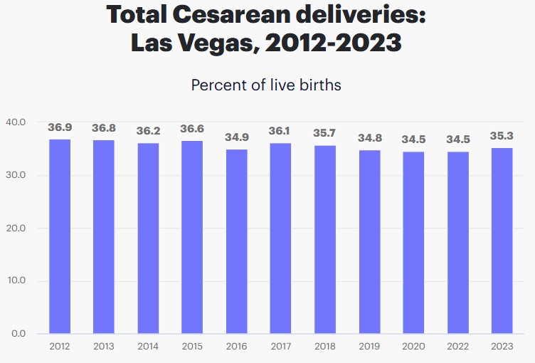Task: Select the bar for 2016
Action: click(x=237, y=241)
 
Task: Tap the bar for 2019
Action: click(x=369, y=241)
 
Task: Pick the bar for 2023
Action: click(x=502, y=241)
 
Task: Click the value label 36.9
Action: click(x=60, y=127)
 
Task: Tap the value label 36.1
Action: click(x=281, y=132)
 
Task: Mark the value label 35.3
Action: click(x=502, y=136)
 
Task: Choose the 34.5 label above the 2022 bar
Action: click(x=457, y=140)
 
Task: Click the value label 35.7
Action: click(x=325, y=133)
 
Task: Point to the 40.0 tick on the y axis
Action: click(x=15, y=122)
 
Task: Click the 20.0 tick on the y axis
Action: click(x=15, y=228)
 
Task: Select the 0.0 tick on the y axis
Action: click(x=18, y=334)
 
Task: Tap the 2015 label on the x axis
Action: click(x=193, y=347)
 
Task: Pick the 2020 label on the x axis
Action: click(x=413, y=347)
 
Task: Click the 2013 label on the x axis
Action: click(x=104, y=347)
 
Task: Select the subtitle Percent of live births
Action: click(x=267, y=85)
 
